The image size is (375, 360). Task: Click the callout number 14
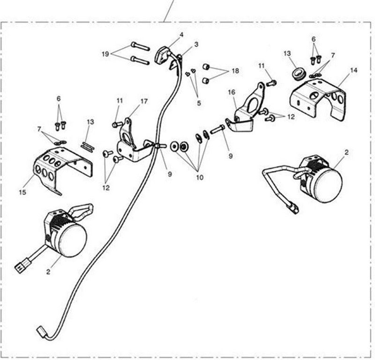click(x=354, y=70)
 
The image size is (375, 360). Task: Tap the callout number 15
click(x=22, y=192)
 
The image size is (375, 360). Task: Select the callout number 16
click(x=232, y=92)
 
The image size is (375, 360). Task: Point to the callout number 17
click(x=144, y=101)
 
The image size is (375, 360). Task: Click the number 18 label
click(x=235, y=71)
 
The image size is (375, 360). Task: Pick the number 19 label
click(x=105, y=54)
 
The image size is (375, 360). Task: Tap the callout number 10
click(x=200, y=177)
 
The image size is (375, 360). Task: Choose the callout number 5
click(x=199, y=103)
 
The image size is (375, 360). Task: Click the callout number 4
click(x=181, y=35)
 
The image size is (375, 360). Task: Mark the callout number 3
click(x=196, y=44)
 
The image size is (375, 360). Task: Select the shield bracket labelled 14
click(x=318, y=98)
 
